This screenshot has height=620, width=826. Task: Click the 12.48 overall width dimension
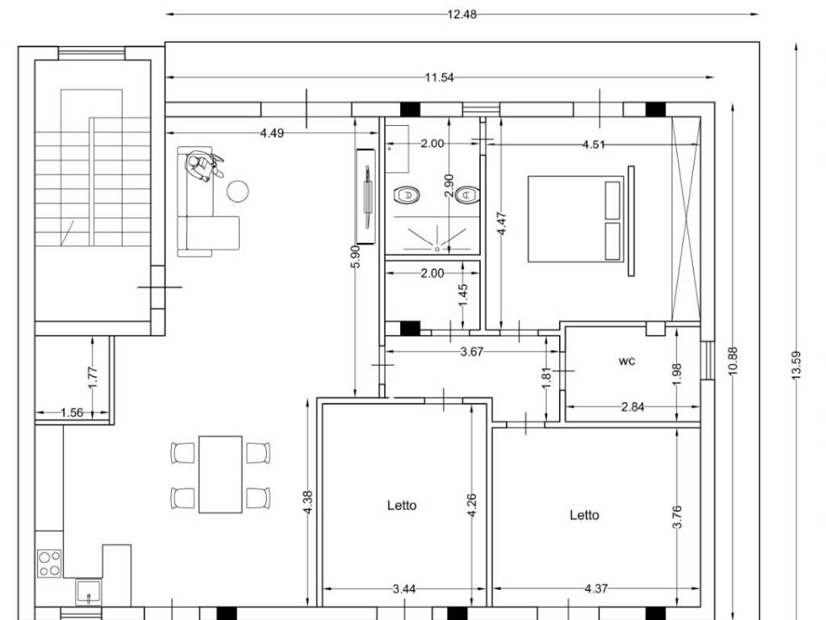(461, 15)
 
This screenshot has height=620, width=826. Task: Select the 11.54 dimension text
(440, 77)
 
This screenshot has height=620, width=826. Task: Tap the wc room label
(627, 361)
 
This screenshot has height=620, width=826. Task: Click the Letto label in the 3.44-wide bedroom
(402, 505)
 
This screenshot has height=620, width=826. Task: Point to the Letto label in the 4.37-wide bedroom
(584, 515)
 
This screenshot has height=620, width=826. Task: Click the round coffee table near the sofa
(238, 191)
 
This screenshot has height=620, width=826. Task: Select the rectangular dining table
(220, 474)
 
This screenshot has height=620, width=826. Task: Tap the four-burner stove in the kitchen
(49, 563)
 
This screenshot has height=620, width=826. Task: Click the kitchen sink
(89, 592)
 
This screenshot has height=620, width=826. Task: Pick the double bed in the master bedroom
(576, 219)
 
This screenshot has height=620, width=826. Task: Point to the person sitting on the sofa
(202, 165)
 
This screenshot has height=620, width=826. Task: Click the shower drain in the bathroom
(437, 249)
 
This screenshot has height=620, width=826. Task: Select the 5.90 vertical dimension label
(356, 256)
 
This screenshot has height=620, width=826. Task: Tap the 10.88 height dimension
(732, 361)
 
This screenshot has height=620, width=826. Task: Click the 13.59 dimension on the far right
(796, 365)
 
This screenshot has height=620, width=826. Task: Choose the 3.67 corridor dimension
(471, 352)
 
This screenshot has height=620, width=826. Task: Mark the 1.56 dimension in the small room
(72, 413)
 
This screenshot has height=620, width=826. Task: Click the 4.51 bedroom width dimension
(593, 144)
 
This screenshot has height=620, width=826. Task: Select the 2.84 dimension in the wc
(632, 407)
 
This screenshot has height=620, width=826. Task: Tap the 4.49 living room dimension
(272, 133)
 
